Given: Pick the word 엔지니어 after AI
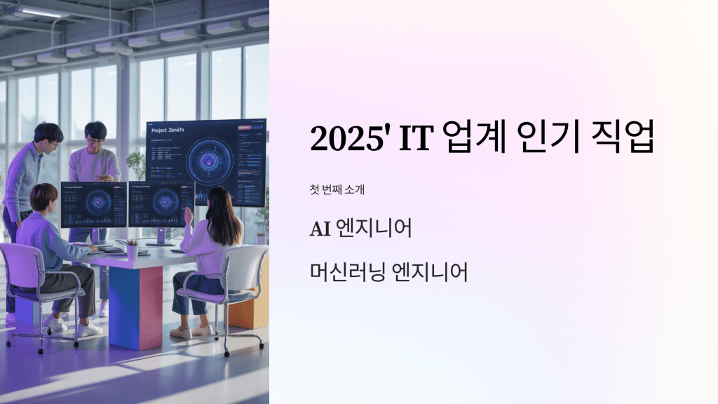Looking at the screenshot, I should [384, 229].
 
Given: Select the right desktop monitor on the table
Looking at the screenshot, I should [161, 203].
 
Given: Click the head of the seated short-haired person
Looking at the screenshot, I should [43, 197].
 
